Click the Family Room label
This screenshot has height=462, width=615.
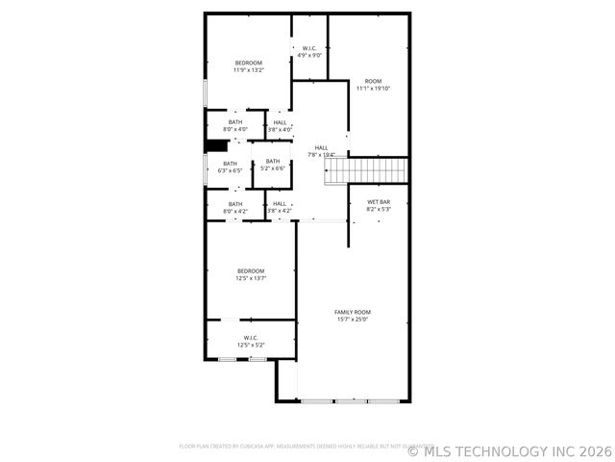coord(353,312)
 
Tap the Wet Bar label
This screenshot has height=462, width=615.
coord(379,201)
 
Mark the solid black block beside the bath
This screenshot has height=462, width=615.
coord(216,145)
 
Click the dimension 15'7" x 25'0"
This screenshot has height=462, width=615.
coord(353,319)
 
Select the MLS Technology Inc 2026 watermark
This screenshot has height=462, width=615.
coord(510,449)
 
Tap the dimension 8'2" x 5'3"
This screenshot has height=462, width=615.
coord(379,209)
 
